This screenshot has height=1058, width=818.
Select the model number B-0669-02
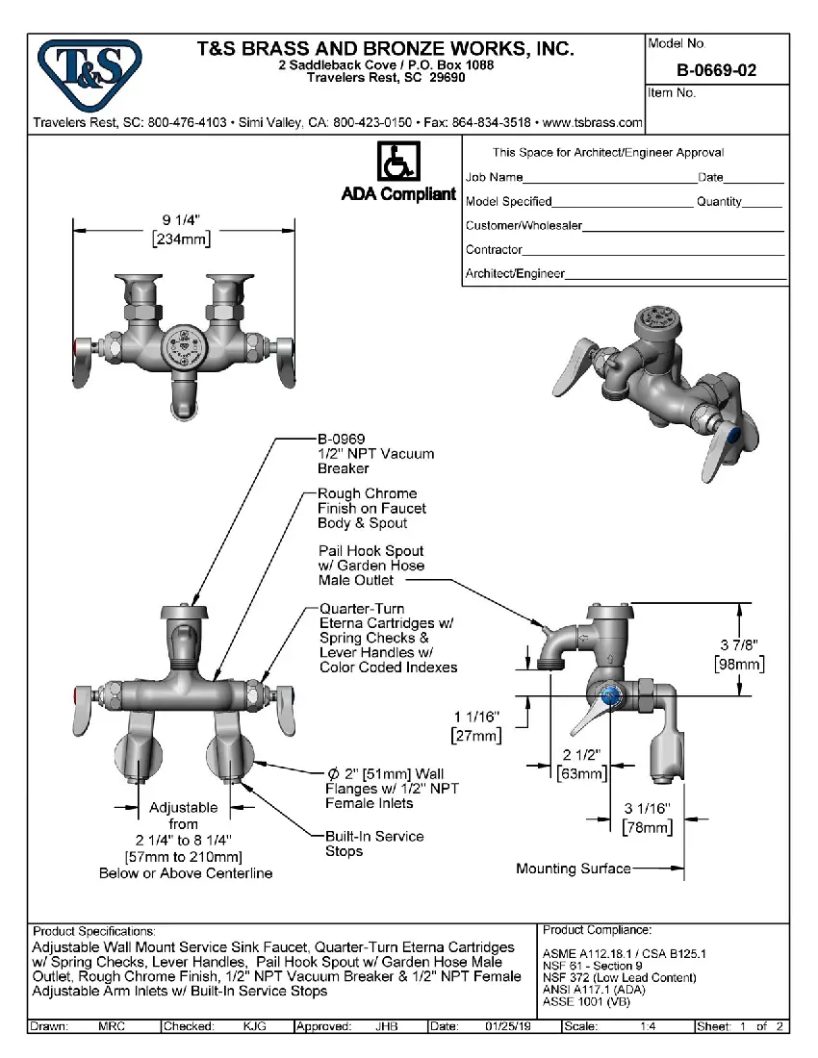point(716,70)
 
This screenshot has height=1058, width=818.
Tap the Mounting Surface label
point(574,869)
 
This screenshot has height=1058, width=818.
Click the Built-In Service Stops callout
point(373,844)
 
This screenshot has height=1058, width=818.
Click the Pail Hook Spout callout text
point(371,566)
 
